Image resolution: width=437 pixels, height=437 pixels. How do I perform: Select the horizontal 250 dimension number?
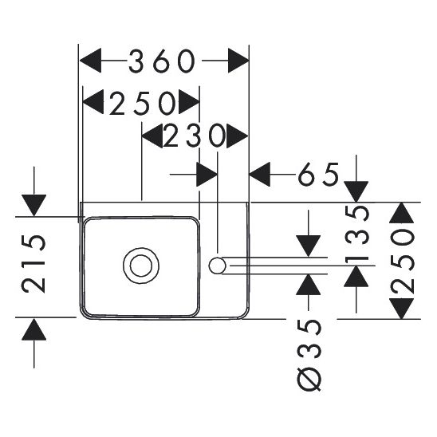(142, 102)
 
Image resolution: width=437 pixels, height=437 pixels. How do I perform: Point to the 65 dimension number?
(318, 173)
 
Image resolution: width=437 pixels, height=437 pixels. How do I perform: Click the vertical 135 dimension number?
(359, 234)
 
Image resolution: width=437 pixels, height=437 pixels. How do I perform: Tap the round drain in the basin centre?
(140, 264)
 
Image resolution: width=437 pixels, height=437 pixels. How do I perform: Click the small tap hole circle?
(217, 264)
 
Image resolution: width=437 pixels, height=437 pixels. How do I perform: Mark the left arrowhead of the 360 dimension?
(92, 61)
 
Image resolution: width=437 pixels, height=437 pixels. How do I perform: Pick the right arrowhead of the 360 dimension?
(238, 61)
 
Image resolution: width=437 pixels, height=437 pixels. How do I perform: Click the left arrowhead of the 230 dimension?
(152, 138)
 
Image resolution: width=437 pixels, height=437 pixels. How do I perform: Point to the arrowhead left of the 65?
(262, 173)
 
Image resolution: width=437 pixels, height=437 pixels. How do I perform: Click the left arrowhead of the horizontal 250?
(95, 102)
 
